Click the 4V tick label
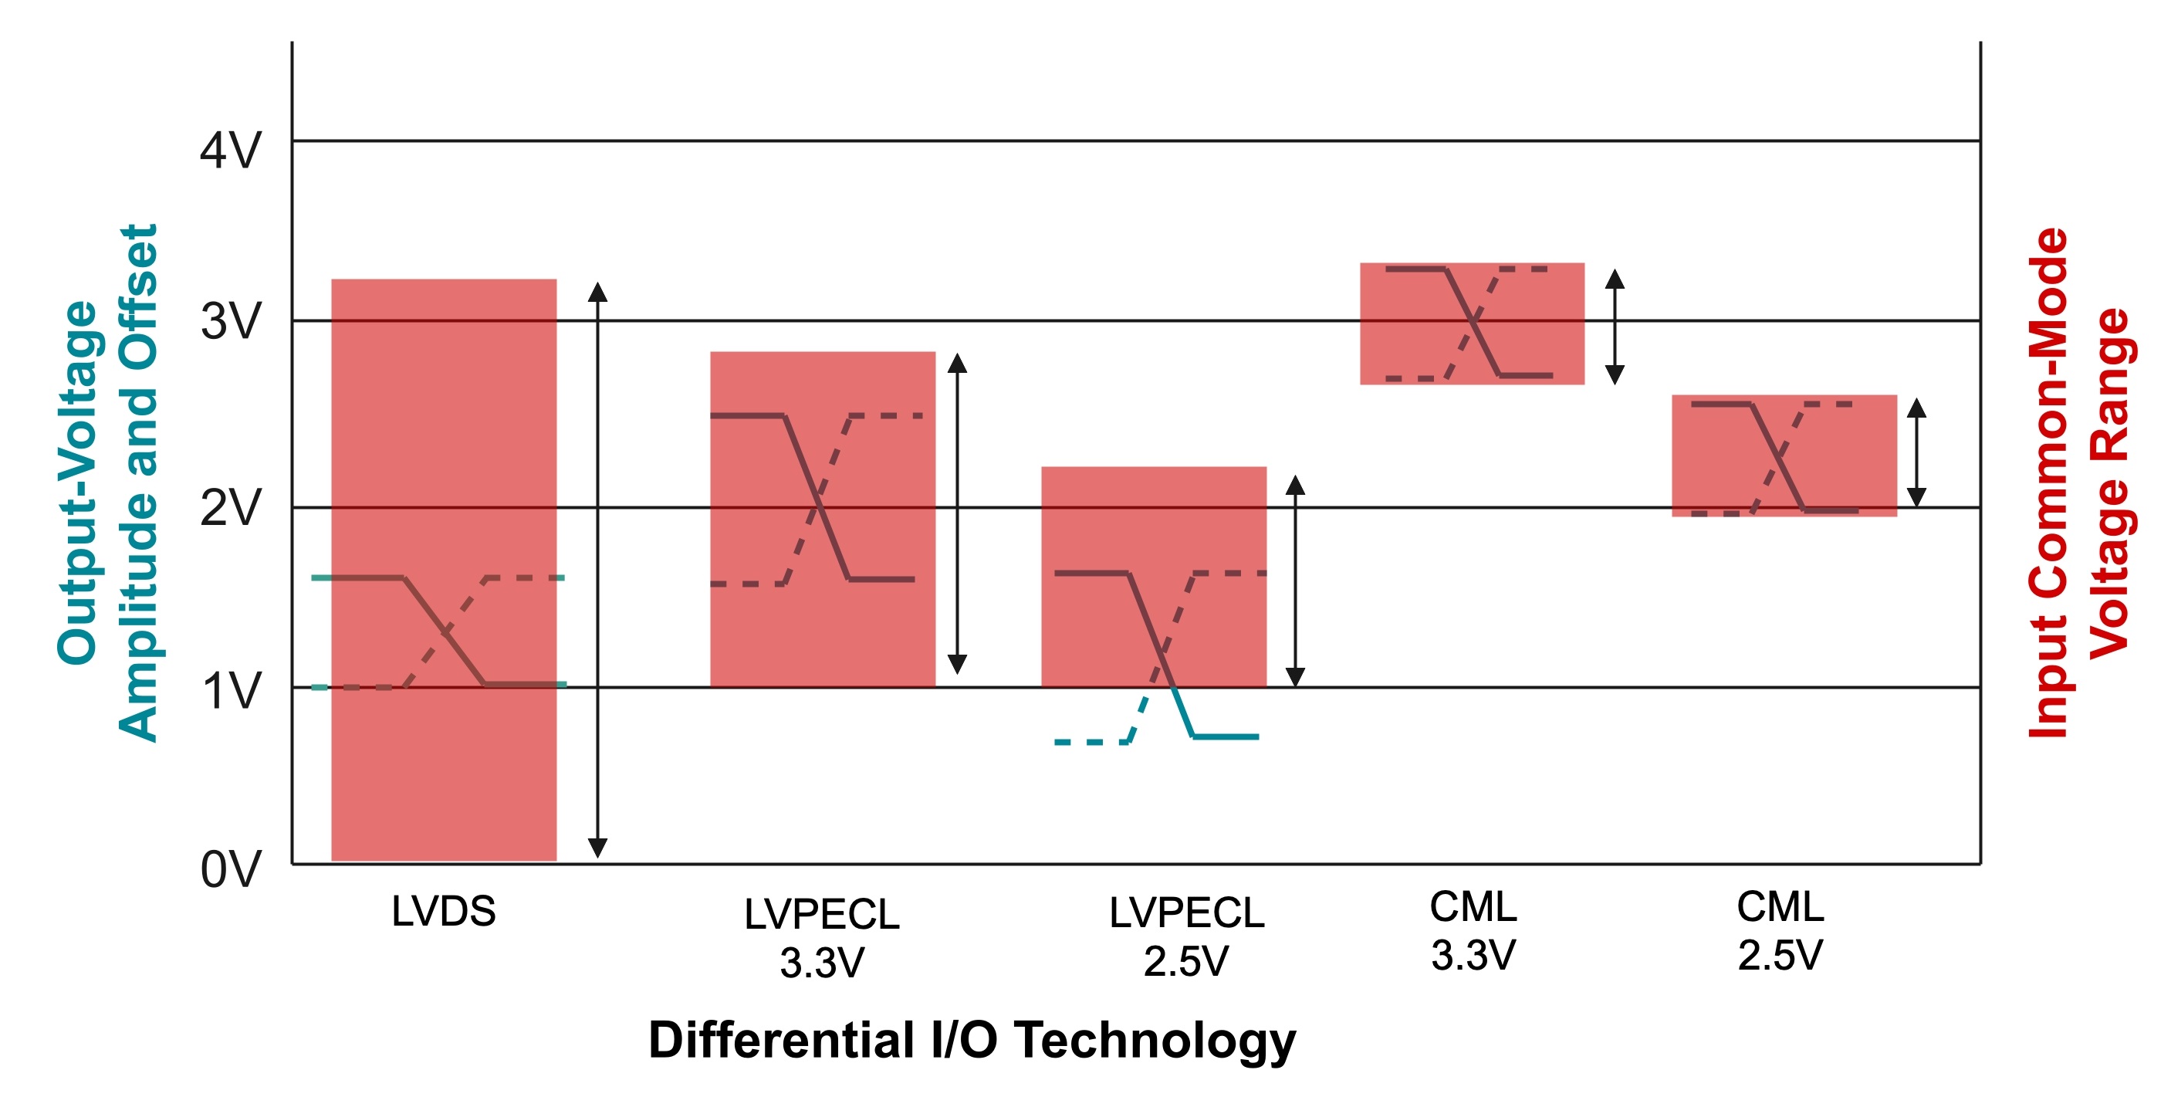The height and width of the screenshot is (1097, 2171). click(x=230, y=152)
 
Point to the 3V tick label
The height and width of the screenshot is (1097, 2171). click(x=230, y=322)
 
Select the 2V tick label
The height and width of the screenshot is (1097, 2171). click(x=230, y=509)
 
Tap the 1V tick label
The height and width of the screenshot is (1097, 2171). click(x=230, y=692)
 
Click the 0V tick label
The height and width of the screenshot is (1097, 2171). click(x=230, y=870)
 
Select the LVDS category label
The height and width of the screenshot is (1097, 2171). click(x=443, y=912)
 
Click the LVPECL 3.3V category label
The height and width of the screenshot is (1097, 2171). click(x=822, y=938)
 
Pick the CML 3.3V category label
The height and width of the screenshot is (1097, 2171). click(x=1473, y=931)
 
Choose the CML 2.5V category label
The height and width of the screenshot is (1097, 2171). click(x=1780, y=931)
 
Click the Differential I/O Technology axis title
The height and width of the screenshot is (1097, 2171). click(x=971, y=1040)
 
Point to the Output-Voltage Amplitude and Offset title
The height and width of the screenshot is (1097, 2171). click(x=107, y=483)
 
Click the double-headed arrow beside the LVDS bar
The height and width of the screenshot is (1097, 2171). click(x=597, y=570)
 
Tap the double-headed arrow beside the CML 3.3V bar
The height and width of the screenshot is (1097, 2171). click(x=1614, y=327)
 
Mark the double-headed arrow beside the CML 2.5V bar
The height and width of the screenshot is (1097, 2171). click(x=1916, y=453)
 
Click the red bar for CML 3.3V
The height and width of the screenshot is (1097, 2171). click(x=1472, y=323)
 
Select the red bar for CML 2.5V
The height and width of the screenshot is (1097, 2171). click(x=1784, y=455)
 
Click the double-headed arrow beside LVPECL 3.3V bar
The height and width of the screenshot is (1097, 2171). click(x=956, y=513)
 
